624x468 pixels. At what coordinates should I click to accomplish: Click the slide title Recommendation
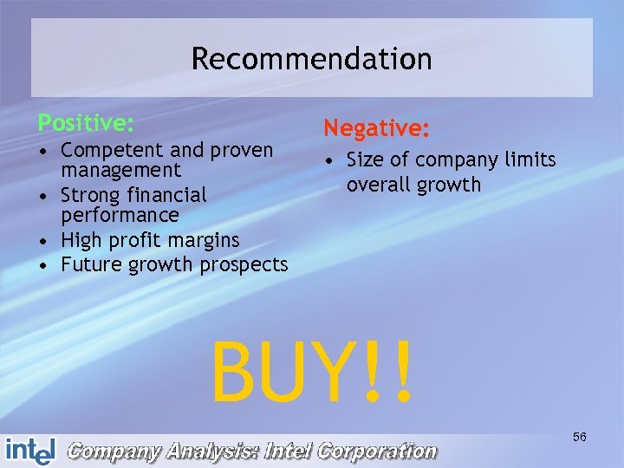(x=311, y=59)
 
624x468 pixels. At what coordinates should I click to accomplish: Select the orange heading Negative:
(x=376, y=129)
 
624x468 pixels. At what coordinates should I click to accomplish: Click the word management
(x=120, y=171)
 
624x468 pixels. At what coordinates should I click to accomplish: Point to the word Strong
(x=93, y=194)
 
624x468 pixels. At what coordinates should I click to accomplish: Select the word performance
(x=120, y=215)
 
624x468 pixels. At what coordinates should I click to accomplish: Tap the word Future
(x=94, y=264)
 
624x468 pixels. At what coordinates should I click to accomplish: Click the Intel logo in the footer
(x=30, y=449)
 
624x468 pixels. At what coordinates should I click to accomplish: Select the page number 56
(x=579, y=437)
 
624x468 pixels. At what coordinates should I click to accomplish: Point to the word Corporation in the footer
(x=378, y=451)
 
